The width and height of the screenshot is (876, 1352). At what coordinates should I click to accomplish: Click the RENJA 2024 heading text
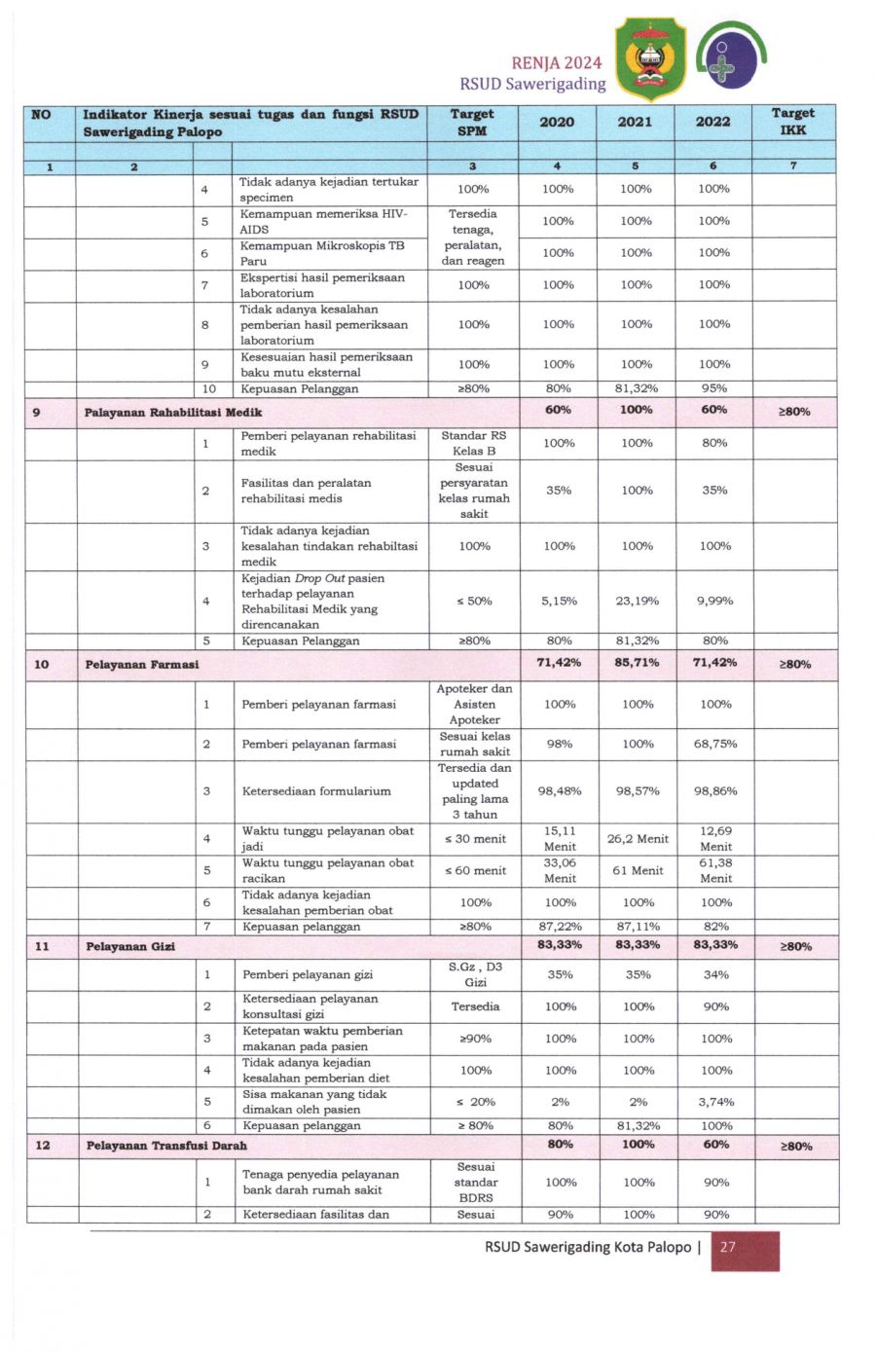556,63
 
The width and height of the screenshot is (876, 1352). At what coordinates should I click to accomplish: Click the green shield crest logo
650,59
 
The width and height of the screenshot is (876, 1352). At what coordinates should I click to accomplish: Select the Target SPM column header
472,123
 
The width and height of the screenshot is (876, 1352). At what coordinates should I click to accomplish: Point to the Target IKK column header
793,123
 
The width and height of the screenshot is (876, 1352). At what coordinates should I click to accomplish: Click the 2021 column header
635,122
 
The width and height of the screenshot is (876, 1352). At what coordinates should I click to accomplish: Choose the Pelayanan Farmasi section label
142,665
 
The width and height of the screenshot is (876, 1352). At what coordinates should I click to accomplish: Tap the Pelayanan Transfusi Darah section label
166,1146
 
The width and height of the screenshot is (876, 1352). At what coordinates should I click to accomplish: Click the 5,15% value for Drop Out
559,602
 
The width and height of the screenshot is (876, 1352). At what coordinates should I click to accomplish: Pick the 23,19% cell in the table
638,602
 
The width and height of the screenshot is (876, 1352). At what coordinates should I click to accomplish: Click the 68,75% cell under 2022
715,744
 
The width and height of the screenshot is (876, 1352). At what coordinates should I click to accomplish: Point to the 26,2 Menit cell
638,839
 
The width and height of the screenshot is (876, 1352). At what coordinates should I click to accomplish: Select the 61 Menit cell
638,871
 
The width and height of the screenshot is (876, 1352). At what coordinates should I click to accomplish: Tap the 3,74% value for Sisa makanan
716,1102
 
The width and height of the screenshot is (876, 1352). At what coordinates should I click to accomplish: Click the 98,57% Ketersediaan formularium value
638,791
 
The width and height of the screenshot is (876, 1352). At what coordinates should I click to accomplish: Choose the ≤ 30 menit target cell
475,839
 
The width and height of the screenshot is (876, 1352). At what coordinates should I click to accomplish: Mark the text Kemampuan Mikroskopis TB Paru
322,253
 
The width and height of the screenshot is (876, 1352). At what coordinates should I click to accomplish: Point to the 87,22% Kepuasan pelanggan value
560,927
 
